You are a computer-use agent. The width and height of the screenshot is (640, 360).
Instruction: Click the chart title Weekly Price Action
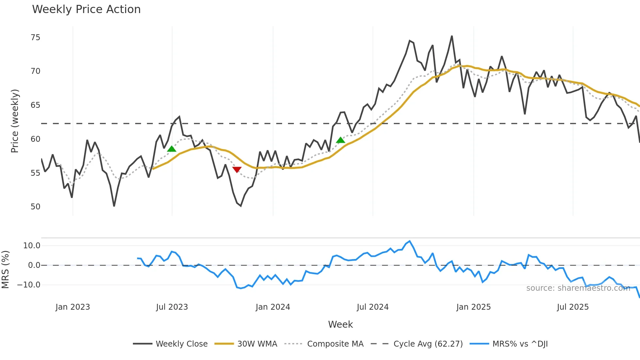tap(86, 9)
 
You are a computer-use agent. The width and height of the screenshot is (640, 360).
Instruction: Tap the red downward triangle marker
tap(237, 170)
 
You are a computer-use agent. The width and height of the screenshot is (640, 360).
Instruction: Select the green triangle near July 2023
tap(172, 149)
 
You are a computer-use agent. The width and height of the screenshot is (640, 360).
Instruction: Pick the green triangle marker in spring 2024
tap(341, 140)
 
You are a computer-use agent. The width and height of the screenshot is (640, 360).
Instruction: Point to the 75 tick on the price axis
tap(35, 38)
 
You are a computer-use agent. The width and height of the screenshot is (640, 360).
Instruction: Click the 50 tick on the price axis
tap(35, 207)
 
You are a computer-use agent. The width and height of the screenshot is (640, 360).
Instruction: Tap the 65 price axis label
tap(35, 105)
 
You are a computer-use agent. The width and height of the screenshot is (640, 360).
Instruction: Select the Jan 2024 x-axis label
tap(273, 307)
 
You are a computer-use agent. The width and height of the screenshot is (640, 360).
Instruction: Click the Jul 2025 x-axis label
tap(573, 307)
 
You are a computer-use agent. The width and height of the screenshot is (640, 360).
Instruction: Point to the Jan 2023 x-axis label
tap(72, 307)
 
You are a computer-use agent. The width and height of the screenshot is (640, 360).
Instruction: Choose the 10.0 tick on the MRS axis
tap(32, 246)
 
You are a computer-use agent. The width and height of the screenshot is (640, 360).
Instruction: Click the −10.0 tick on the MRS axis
tap(29, 285)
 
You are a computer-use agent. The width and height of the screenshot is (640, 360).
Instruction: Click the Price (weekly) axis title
tap(15, 121)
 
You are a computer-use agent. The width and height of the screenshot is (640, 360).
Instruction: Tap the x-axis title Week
tap(340, 324)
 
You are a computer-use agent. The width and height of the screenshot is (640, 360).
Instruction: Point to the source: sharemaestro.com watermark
tap(578, 288)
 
